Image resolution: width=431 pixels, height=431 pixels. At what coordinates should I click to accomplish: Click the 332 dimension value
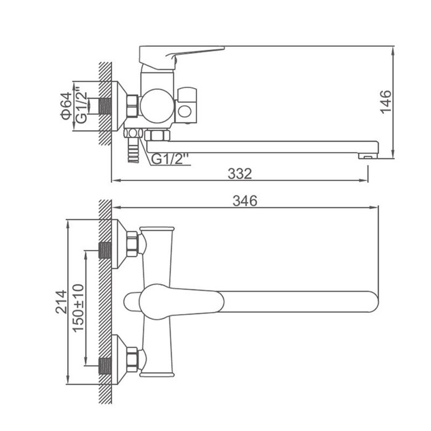click(240, 174)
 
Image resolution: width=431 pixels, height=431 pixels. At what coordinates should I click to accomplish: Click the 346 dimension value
click(245, 201)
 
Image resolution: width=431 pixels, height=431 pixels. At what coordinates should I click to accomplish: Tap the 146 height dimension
click(385, 102)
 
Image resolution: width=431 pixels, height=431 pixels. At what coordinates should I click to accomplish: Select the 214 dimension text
click(61, 302)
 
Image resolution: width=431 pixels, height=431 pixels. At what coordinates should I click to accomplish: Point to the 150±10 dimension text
click(78, 308)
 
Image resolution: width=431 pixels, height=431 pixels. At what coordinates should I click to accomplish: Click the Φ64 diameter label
click(66, 106)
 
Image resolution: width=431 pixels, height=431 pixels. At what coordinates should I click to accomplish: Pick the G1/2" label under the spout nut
click(170, 159)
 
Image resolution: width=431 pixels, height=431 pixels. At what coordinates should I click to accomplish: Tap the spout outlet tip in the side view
click(368, 156)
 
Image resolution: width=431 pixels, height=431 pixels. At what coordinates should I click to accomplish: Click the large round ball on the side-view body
click(157, 106)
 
